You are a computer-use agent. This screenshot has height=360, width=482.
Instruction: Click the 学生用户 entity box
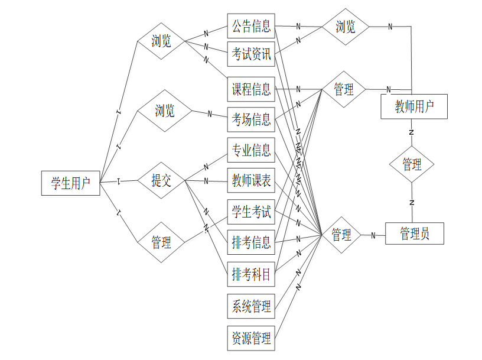70,183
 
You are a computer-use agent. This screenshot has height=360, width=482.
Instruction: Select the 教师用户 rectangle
414,106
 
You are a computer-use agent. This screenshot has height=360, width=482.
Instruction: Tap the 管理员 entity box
414,233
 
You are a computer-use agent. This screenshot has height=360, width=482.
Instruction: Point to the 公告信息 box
251,26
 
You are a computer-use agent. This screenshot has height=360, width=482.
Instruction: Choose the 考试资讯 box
251,55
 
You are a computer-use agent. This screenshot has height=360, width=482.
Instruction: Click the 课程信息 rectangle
251,89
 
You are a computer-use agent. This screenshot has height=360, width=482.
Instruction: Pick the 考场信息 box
251,121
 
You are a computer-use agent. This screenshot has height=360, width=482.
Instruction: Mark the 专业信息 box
251,150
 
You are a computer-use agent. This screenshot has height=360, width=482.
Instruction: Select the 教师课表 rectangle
251,181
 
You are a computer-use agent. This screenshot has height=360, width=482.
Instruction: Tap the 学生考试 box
251,212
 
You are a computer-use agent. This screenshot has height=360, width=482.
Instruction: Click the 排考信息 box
251,242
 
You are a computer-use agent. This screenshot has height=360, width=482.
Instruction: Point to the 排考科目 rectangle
251,274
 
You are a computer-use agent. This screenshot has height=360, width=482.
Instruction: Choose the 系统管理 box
251,306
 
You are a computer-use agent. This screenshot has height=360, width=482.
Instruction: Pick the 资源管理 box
251,338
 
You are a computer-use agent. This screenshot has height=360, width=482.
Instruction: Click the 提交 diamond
161,181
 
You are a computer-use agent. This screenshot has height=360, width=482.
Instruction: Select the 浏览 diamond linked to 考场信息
164,111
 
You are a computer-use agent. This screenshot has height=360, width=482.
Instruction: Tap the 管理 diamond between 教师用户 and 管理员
412,164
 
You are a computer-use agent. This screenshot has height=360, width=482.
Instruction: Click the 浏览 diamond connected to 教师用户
346,27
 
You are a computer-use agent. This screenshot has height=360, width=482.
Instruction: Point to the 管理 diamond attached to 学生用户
161,242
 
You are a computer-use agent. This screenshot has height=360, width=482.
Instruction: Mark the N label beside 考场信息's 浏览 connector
209,114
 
